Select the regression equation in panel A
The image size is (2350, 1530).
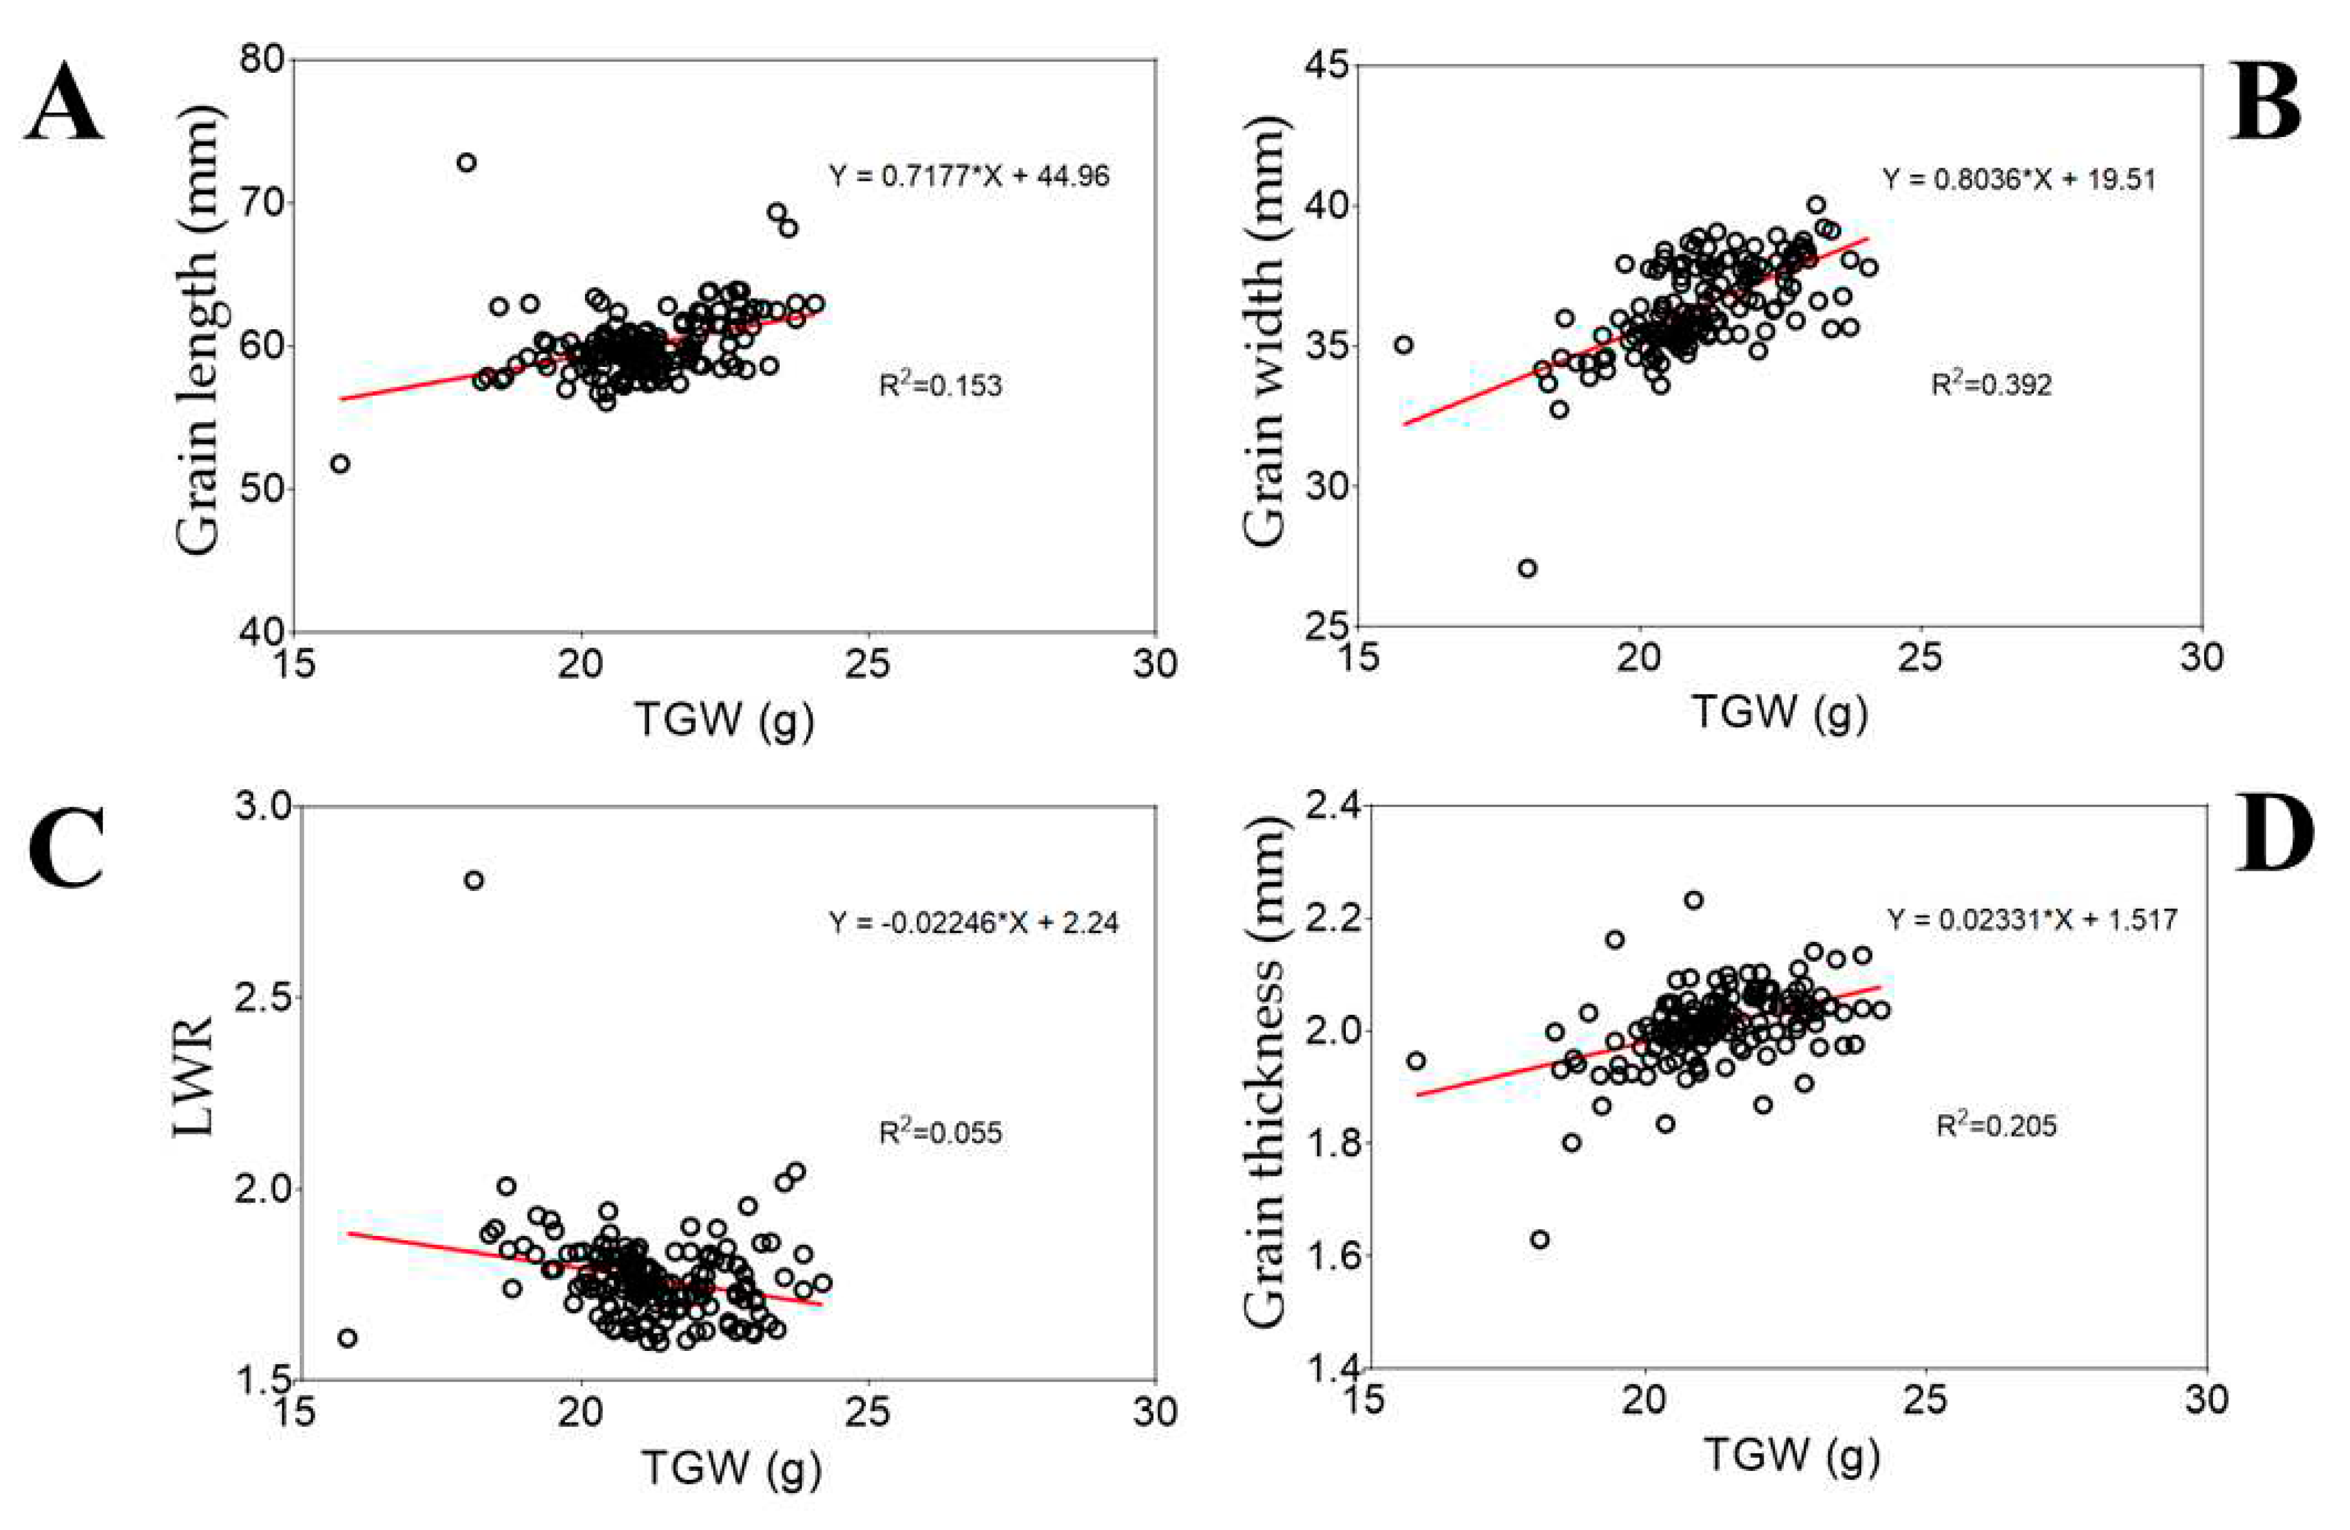tap(969, 177)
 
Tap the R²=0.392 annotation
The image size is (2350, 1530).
tap(1991, 384)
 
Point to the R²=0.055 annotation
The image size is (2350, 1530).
tap(940, 1132)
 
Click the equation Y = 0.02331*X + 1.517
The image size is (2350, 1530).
tap(2032, 920)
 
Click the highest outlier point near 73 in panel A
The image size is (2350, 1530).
tap(466, 163)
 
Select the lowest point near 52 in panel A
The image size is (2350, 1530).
tap(340, 464)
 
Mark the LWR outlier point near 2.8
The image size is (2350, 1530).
tap(474, 880)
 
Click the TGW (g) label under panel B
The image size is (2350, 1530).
tap(1780, 713)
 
